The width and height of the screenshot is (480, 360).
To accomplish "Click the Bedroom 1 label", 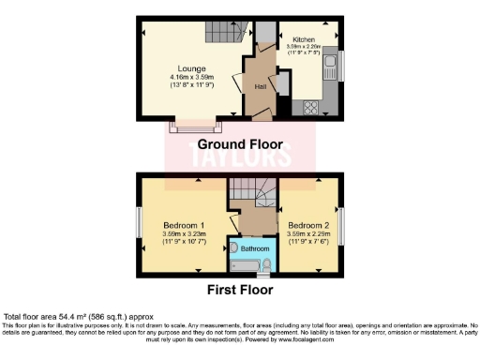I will pos(184,226).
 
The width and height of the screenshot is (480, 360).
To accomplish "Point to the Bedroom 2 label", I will pos(308,226).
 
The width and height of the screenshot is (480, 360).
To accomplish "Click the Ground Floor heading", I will pos(239,144).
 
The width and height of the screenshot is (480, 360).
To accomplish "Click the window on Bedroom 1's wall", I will pos(139,225).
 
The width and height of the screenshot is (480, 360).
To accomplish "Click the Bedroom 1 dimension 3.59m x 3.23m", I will pos(184,235).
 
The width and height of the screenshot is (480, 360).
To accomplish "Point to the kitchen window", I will pos(340,66).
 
